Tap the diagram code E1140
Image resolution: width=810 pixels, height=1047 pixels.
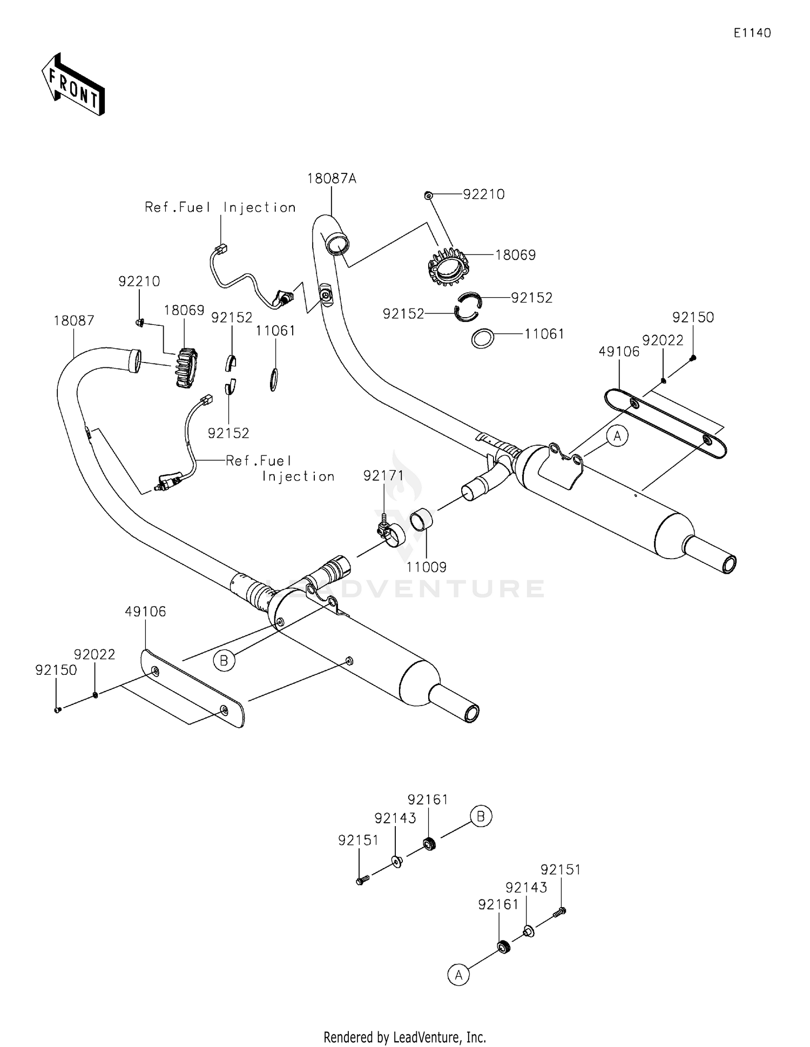(x=752, y=33)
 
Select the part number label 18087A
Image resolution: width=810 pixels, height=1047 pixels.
(x=332, y=178)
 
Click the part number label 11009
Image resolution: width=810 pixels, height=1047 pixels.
(x=427, y=567)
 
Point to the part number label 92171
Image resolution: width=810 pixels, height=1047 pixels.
(x=383, y=475)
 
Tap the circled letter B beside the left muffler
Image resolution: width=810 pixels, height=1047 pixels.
(x=224, y=660)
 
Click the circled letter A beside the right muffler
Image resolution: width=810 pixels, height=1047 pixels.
(x=618, y=435)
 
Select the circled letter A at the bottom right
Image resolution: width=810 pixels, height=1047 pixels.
(x=458, y=975)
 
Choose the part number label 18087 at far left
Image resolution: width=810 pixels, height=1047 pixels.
(x=74, y=321)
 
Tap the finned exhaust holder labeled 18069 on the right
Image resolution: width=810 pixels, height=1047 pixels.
(x=448, y=268)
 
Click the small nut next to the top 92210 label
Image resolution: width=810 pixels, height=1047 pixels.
(x=428, y=195)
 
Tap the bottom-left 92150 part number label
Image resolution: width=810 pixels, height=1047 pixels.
(x=56, y=670)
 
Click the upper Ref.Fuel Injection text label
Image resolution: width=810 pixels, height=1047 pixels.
(x=220, y=207)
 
